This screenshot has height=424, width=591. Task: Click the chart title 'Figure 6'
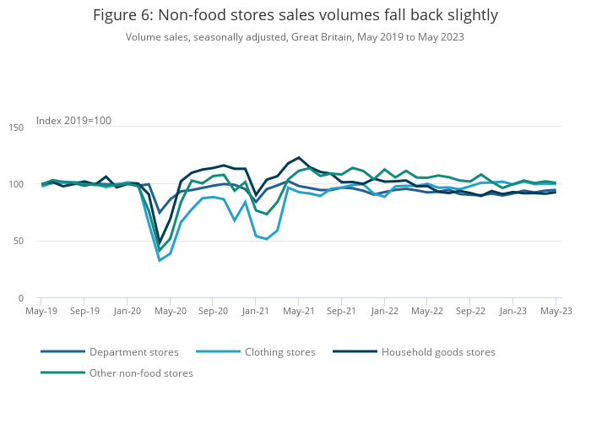[x=295, y=15]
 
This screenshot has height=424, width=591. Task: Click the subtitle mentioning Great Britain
[x=295, y=37]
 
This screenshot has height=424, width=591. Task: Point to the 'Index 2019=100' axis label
[x=73, y=121]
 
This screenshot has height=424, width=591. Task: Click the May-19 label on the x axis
[x=41, y=311]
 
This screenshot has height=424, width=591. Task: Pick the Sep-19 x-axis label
[x=84, y=311]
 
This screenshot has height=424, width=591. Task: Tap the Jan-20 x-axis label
[x=127, y=311]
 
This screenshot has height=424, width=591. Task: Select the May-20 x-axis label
[x=171, y=311]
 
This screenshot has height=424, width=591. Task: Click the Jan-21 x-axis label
[x=256, y=311]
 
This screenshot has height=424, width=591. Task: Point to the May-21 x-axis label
[x=299, y=311]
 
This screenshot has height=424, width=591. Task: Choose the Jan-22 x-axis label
[x=384, y=311]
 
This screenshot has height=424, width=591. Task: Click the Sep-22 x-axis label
[x=470, y=311]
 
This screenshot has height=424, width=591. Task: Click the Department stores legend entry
[x=133, y=352]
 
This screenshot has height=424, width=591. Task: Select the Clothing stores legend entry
[x=279, y=352]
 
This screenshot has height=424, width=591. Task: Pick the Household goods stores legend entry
[x=438, y=352]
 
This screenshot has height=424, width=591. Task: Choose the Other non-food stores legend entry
[x=141, y=373]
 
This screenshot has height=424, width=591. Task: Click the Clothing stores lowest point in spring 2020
[x=160, y=260]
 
